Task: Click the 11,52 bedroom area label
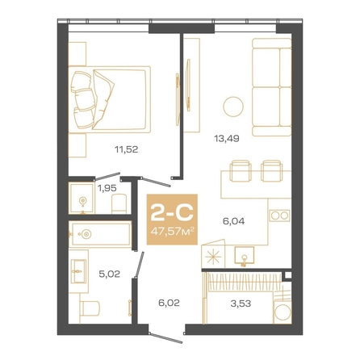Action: tap(127, 149)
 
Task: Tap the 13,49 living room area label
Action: tap(227, 139)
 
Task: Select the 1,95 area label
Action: tap(107, 188)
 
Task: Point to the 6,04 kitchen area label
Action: tap(233, 221)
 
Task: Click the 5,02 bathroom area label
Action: tap(109, 274)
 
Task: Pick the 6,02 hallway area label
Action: tap(169, 303)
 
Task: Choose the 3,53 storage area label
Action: tap(241, 303)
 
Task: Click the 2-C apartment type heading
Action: tap(172, 211)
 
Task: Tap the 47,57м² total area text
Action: tap(172, 231)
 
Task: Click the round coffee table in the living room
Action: tap(233, 107)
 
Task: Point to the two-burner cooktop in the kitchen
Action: tap(280, 216)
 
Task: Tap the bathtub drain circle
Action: tap(86, 234)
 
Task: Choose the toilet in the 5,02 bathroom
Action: tap(90, 308)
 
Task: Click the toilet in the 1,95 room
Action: tap(119, 203)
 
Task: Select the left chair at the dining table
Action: tap(241, 171)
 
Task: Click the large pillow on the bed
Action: tap(103, 98)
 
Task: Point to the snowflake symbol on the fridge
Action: tap(213, 257)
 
